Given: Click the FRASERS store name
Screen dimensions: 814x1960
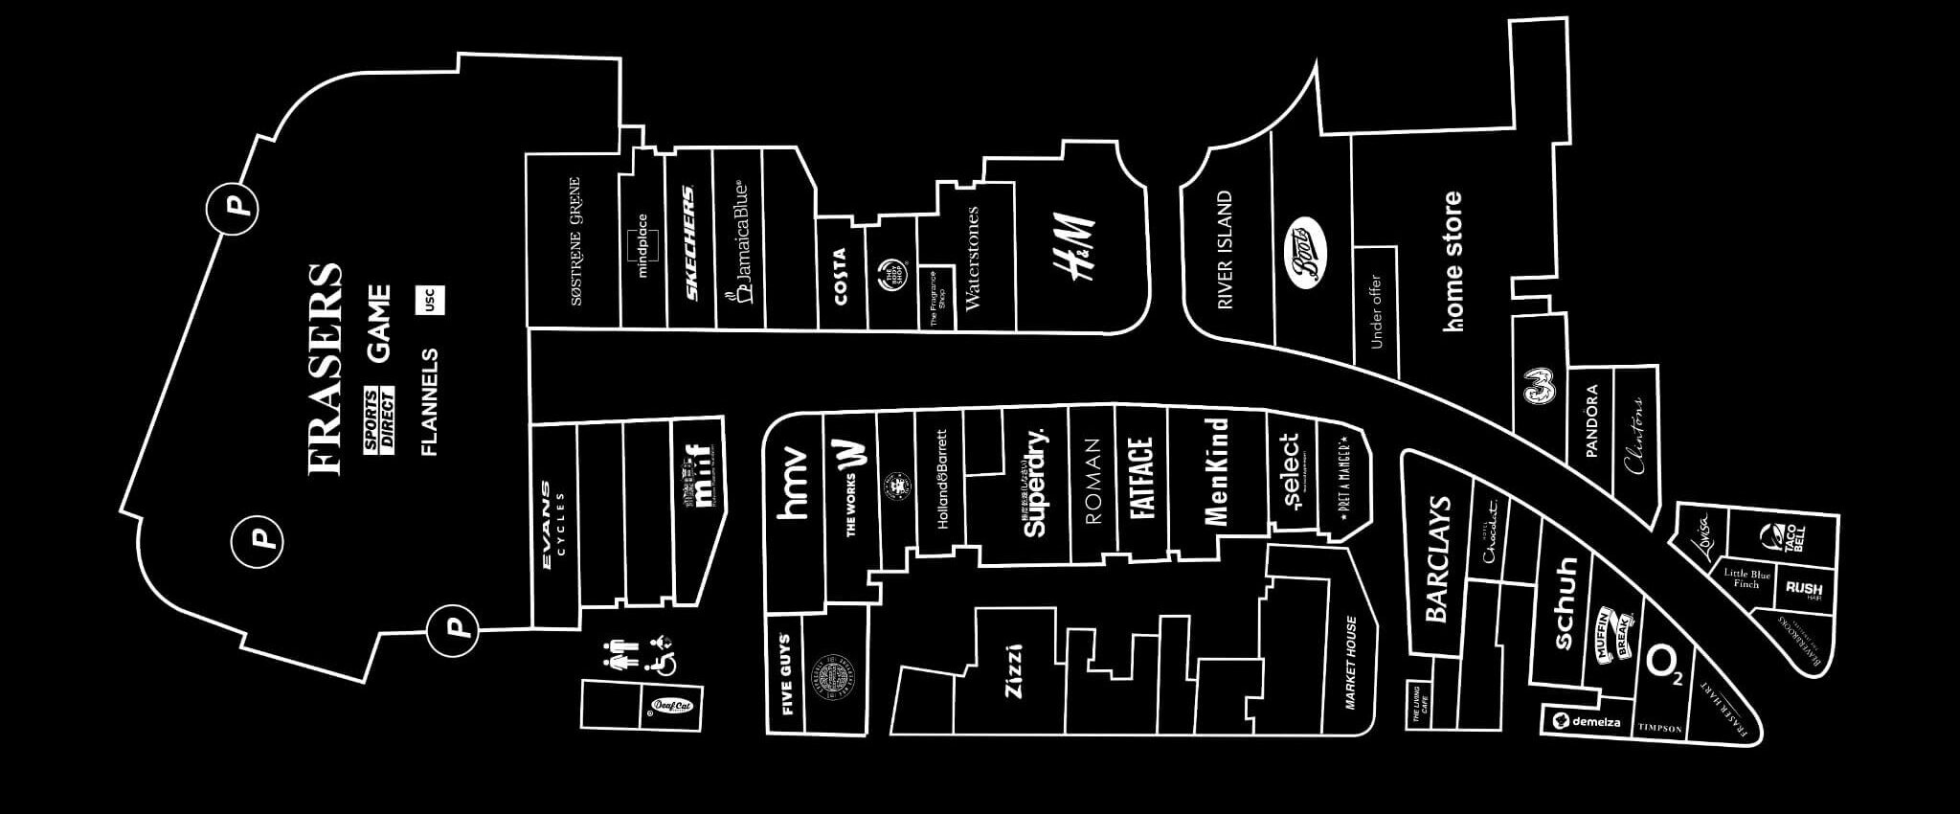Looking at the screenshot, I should (x=326, y=369).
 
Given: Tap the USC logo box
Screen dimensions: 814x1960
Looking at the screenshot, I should (x=429, y=300).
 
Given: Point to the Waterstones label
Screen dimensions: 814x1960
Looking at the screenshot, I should (x=974, y=259).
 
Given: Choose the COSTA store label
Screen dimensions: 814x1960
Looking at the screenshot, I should (x=840, y=277).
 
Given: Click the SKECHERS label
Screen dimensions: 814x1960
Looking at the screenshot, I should (x=687, y=243).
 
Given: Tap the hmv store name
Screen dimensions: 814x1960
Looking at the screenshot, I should (x=794, y=484).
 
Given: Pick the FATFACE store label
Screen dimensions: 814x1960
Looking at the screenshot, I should (x=1140, y=478).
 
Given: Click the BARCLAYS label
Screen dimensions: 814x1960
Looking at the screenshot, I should (x=1439, y=559).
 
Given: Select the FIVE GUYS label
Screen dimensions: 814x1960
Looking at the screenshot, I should (x=786, y=674).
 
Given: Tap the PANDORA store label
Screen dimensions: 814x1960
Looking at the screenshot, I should (x=1591, y=421).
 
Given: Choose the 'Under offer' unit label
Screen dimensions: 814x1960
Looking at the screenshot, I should (x=1376, y=311).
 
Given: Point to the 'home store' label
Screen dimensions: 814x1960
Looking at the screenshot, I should (x=1453, y=260).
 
